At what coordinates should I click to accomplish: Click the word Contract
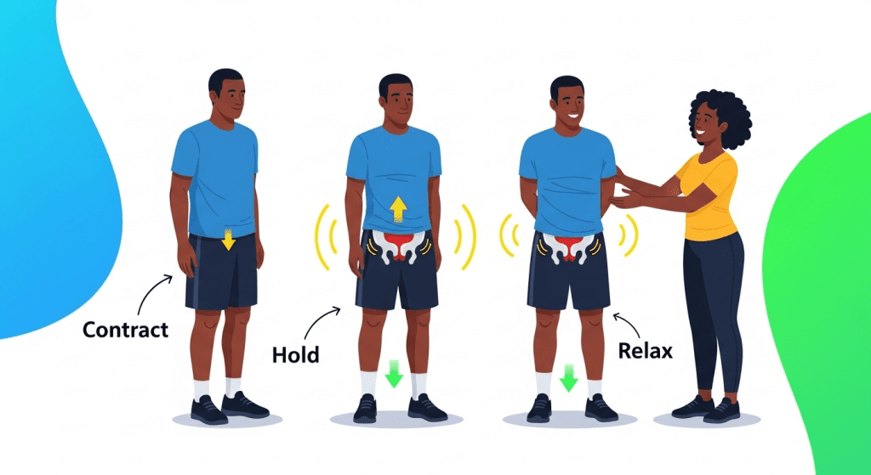coord(125,331)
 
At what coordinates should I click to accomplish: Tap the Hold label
coord(295,354)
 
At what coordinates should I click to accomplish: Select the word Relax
coord(645,350)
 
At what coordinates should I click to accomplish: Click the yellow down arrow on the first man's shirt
coord(228,239)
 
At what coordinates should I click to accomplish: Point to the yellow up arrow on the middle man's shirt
coord(398,210)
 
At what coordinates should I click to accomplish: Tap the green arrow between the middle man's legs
coord(394,373)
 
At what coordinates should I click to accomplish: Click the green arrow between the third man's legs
coord(569,377)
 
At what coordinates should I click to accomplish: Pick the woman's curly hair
coord(720,116)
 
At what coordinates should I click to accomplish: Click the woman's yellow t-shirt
coord(709,196)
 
